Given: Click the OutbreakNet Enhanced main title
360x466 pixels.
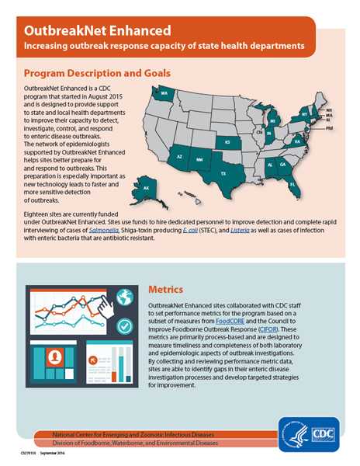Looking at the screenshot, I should (97, 31).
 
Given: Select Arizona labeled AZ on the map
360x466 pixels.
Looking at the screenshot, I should (179, 157).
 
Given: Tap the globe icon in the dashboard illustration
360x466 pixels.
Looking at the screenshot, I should (124, 297).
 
